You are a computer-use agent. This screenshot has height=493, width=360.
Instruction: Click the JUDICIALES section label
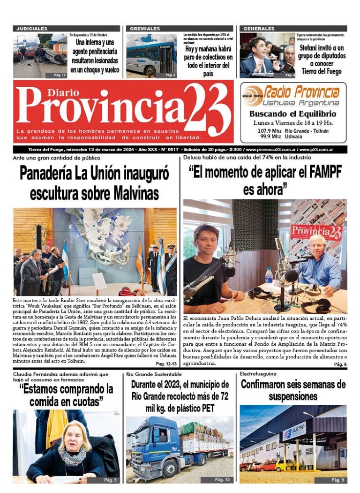[x=32, y=29]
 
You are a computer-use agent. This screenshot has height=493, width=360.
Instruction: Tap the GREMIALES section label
[x=145, y=29]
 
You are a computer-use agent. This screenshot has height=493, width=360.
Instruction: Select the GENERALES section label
[x=259, y=29]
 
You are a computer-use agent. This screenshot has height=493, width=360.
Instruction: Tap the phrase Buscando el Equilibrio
[x=292, y=114]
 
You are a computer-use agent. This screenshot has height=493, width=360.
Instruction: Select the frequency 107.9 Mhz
[x=269, y=131]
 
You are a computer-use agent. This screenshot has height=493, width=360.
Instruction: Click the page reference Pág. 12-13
[x=166, y=364]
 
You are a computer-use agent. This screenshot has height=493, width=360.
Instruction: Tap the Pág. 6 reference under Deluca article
[x=340, y=364]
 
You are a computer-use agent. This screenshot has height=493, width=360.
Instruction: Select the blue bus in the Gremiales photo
[x=150, y=59]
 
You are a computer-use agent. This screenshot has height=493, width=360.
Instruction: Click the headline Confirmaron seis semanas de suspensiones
[x=293, y=391]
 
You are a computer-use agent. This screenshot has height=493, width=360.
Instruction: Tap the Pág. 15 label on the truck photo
[x=222, y=479]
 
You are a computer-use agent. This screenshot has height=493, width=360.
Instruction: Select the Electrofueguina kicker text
[x=258, y=374]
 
